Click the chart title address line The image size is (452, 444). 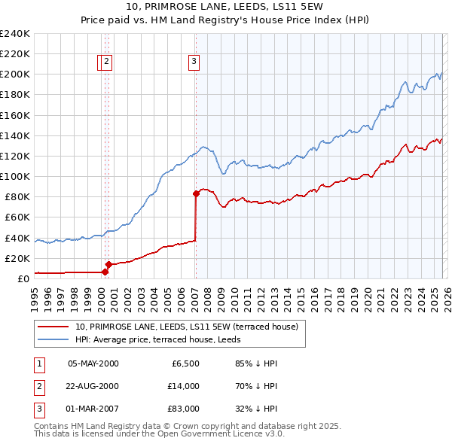(226, 7)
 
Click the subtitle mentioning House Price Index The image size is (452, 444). (226, 20)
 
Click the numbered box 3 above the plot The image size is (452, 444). (194, 62)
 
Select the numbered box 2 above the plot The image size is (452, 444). (107, 62)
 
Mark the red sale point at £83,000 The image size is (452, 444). (196, 193)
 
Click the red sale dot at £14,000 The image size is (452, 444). (109, 264)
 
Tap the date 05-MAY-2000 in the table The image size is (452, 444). (93, 363)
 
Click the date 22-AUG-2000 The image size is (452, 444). (93, 386)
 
